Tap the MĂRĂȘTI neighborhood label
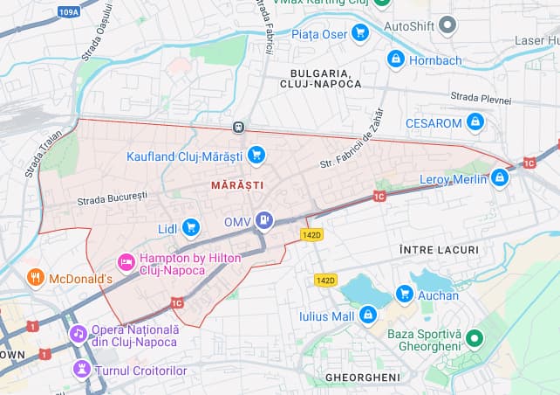pyautogui.click(x=236, y=185)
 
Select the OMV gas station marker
pyautogui.click(x=263, y=221)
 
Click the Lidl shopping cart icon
pyautogui.click(x=191, y=228)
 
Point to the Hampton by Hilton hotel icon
pyautogui.click(x=126, y=261)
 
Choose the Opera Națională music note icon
pyautogui.click(x=79, y=334)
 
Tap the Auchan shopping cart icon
pyautogui.click(x=404, y=295)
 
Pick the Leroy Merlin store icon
pyautogui.click(x=500, y=178)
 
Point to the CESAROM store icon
pyautogui.click(x=475, y=122)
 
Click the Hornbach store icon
pyautogui.click(x=396, y=59)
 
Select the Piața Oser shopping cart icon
pyautogui.click(x=360, y=33)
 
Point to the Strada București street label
pyautogui.click(x=113, y=198)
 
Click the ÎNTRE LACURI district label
pyautogui.click(x=439, y=250)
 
